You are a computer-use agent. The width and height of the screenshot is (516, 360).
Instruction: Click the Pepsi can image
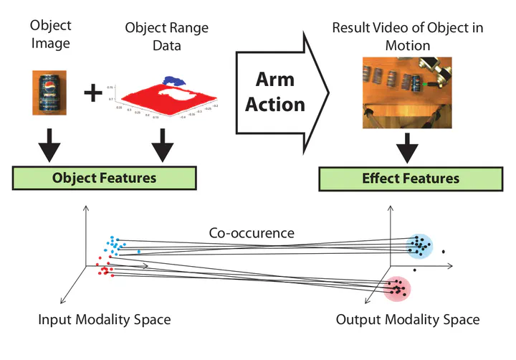49,92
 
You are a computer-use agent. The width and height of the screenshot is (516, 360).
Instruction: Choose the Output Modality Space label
408,319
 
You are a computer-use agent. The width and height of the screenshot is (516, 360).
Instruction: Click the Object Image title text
50,33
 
